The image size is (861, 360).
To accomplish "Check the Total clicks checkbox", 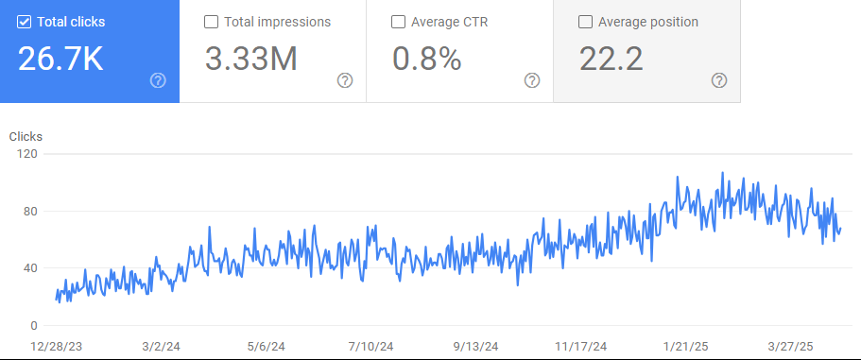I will pyautogui.click(x=25, y=22).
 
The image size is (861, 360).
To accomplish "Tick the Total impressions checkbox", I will pyautogui.click(x=211, y=22).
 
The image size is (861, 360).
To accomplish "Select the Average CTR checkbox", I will pyautogui.click(x=398, y=22).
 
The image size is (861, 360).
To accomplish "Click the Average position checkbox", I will pyautogui.click(x=585, y=22).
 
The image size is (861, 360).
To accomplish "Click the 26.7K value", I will pyautogui.click(x=60, y=59).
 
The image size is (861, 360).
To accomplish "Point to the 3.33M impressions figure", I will pyautogui.click(x=250, y=59).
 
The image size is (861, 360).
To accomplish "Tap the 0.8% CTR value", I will pyautogui.click(x=426, y=59).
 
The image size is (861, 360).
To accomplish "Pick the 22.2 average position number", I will pyautogui.click(x=611, y=59).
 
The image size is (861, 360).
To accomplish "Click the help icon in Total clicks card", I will pyautogui.click(x=158, y=80).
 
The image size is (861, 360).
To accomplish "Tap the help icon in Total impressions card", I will pyautogui.click(x=345, y=80).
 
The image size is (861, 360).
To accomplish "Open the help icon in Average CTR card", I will pyautogui.click(x=532, y=80).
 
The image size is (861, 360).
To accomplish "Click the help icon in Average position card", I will pyautogui.click(x=719, y=80).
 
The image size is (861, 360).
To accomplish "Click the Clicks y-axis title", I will pyautogui.click(x=26, y=137).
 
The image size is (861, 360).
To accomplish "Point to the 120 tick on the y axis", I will pyautogui.click(x=26, y=154).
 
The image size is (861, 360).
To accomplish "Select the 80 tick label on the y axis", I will pyautogui.click(x=29, y=211).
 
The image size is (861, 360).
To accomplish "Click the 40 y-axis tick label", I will pyautogui.click(x=29, y=268).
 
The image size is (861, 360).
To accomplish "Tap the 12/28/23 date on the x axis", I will pyautogui.click(x=57, y=346).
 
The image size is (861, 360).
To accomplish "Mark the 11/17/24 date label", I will pyautogui.click(x=581, y=346).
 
